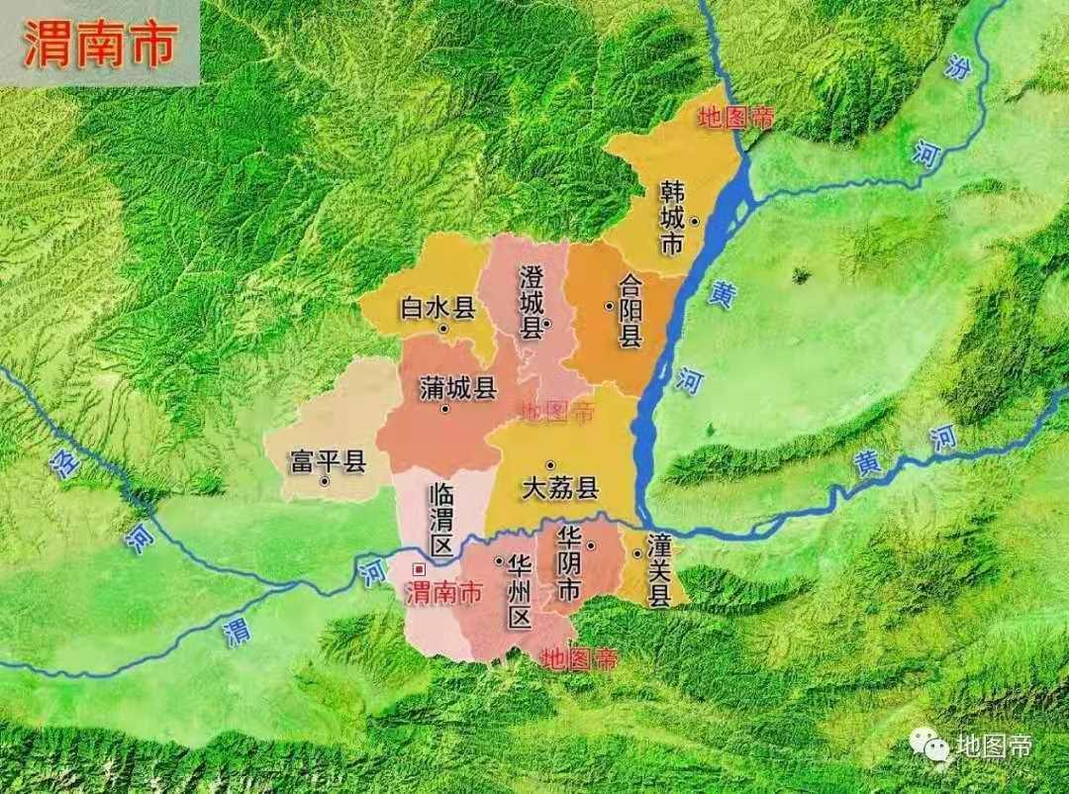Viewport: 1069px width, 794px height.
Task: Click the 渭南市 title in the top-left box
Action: pyautogui.click(x=99, y=44)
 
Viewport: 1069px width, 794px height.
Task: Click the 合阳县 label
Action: pyautogui.click(x=631, y=311)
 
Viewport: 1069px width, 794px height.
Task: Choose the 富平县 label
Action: pyautogui.click(x=327, y=461)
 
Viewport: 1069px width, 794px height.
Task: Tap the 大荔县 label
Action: pyautogui.click(x=561, y=488)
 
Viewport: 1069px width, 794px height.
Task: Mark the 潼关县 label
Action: pyautogui.click(x=659, y=570)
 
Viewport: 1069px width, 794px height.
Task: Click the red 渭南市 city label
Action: pyautogui.click(x=445, y=593)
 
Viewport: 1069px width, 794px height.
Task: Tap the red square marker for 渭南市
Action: pyautogui.click(x=419, y=569)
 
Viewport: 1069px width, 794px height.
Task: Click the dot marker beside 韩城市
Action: pyautogui.click(x=696, y=221)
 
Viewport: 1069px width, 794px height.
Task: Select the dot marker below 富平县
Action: pyautogui.click(x=325, y=482)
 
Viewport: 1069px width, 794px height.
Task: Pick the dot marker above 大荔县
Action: pyautogui.click(x=550, y=465)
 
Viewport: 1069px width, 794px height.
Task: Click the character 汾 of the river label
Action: pyautogui.click(x=955, y=66)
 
